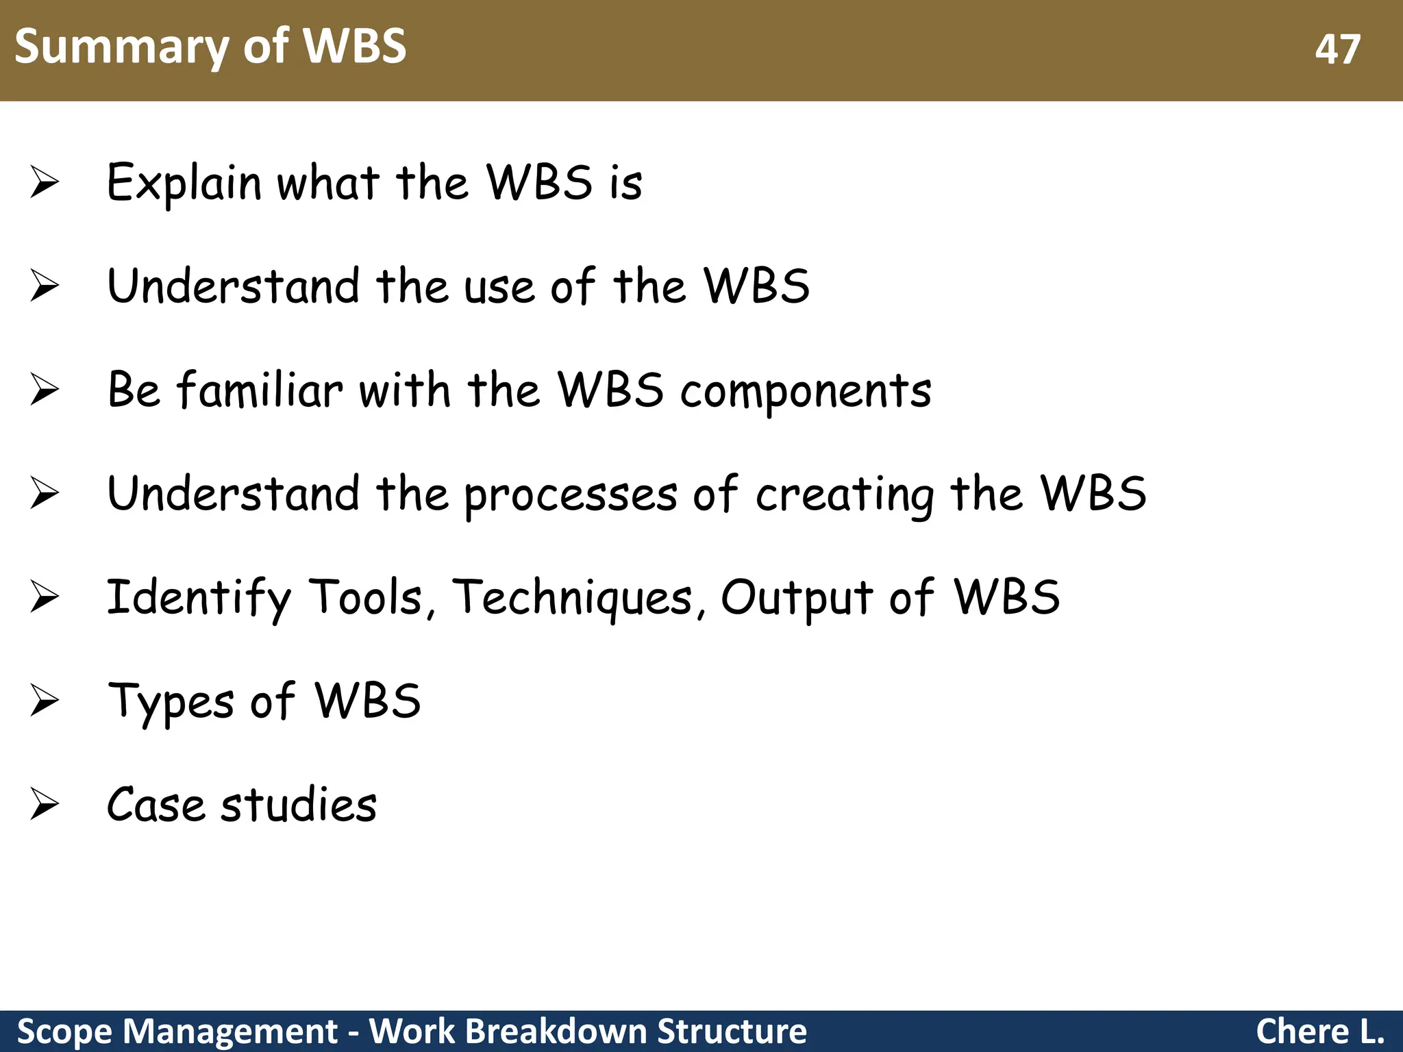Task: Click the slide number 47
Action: tap(1337, 50)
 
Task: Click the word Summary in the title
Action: tap(122, 47)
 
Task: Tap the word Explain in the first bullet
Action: tap(184, 184)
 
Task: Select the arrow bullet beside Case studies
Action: tap(45, 804)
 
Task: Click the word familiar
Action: tap(260, 390)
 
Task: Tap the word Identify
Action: tap(199, 599)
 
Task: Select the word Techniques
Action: tap(573, 597)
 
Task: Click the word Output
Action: tap(797, 599)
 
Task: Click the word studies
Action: tap(299, 804)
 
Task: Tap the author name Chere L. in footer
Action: tap(1319, 1031)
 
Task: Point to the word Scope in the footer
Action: tap(64, 1031)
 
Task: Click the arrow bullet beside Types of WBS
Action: tap(45, 701)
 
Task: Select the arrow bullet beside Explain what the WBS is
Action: tap(45, 184)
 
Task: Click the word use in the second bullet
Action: tap(499, 288)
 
